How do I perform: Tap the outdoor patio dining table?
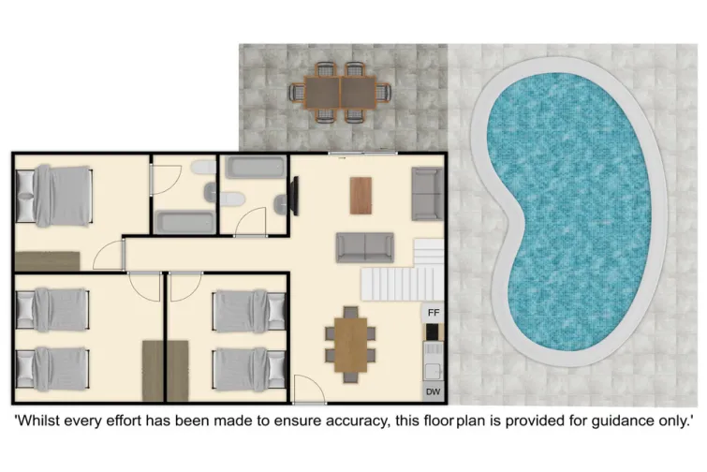coord(338,92)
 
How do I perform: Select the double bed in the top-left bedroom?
coord(56,196)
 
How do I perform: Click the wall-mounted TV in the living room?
coord(295,195)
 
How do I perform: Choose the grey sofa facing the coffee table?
coord(364,247)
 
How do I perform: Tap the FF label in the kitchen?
coord(434,311)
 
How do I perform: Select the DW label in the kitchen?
coord(433,391)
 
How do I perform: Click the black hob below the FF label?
coord(433,332)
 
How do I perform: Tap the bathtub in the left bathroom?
coord(184,223)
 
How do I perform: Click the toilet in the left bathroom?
coord(199,169)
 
